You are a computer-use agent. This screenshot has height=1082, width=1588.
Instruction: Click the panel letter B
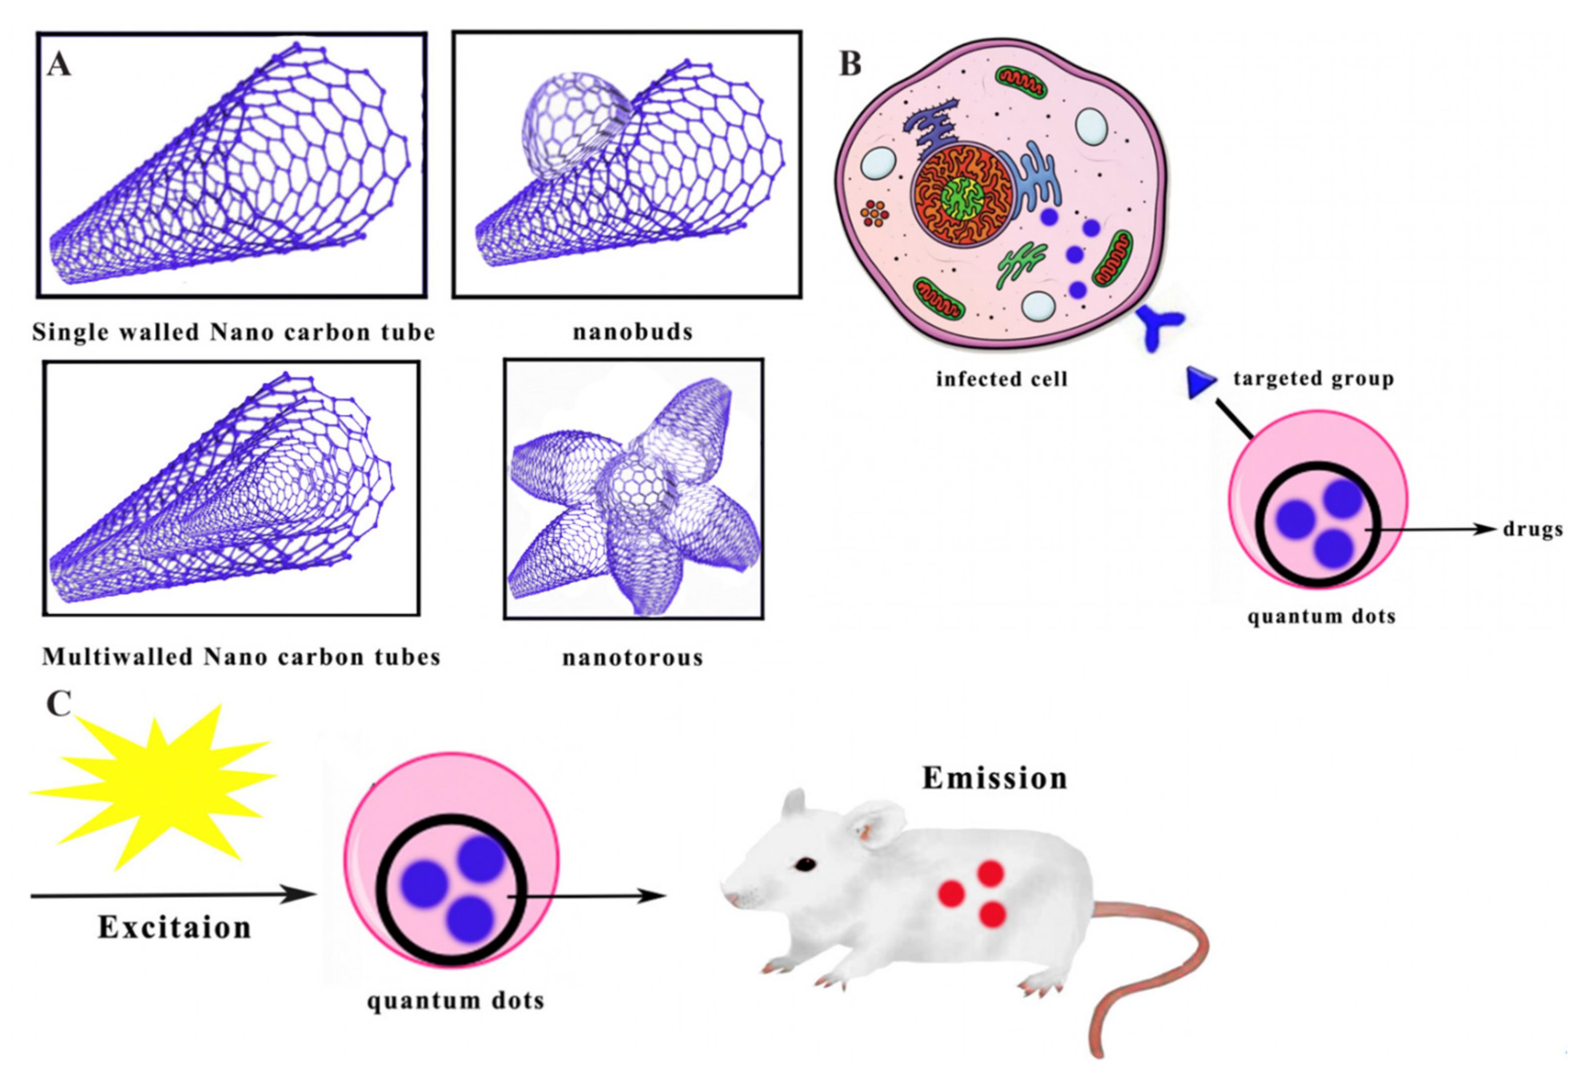850,64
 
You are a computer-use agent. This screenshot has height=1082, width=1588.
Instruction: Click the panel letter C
59,704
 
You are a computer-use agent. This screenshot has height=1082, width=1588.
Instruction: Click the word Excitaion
175,927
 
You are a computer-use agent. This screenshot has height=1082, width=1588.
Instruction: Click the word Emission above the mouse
994,778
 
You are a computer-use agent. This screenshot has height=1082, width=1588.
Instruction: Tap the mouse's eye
804,865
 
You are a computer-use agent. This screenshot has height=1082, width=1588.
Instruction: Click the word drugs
1533,529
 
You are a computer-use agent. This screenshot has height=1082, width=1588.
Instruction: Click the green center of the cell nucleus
962,199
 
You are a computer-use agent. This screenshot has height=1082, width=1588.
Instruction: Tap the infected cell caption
1002,378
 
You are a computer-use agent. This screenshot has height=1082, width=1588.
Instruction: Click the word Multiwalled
116,657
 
